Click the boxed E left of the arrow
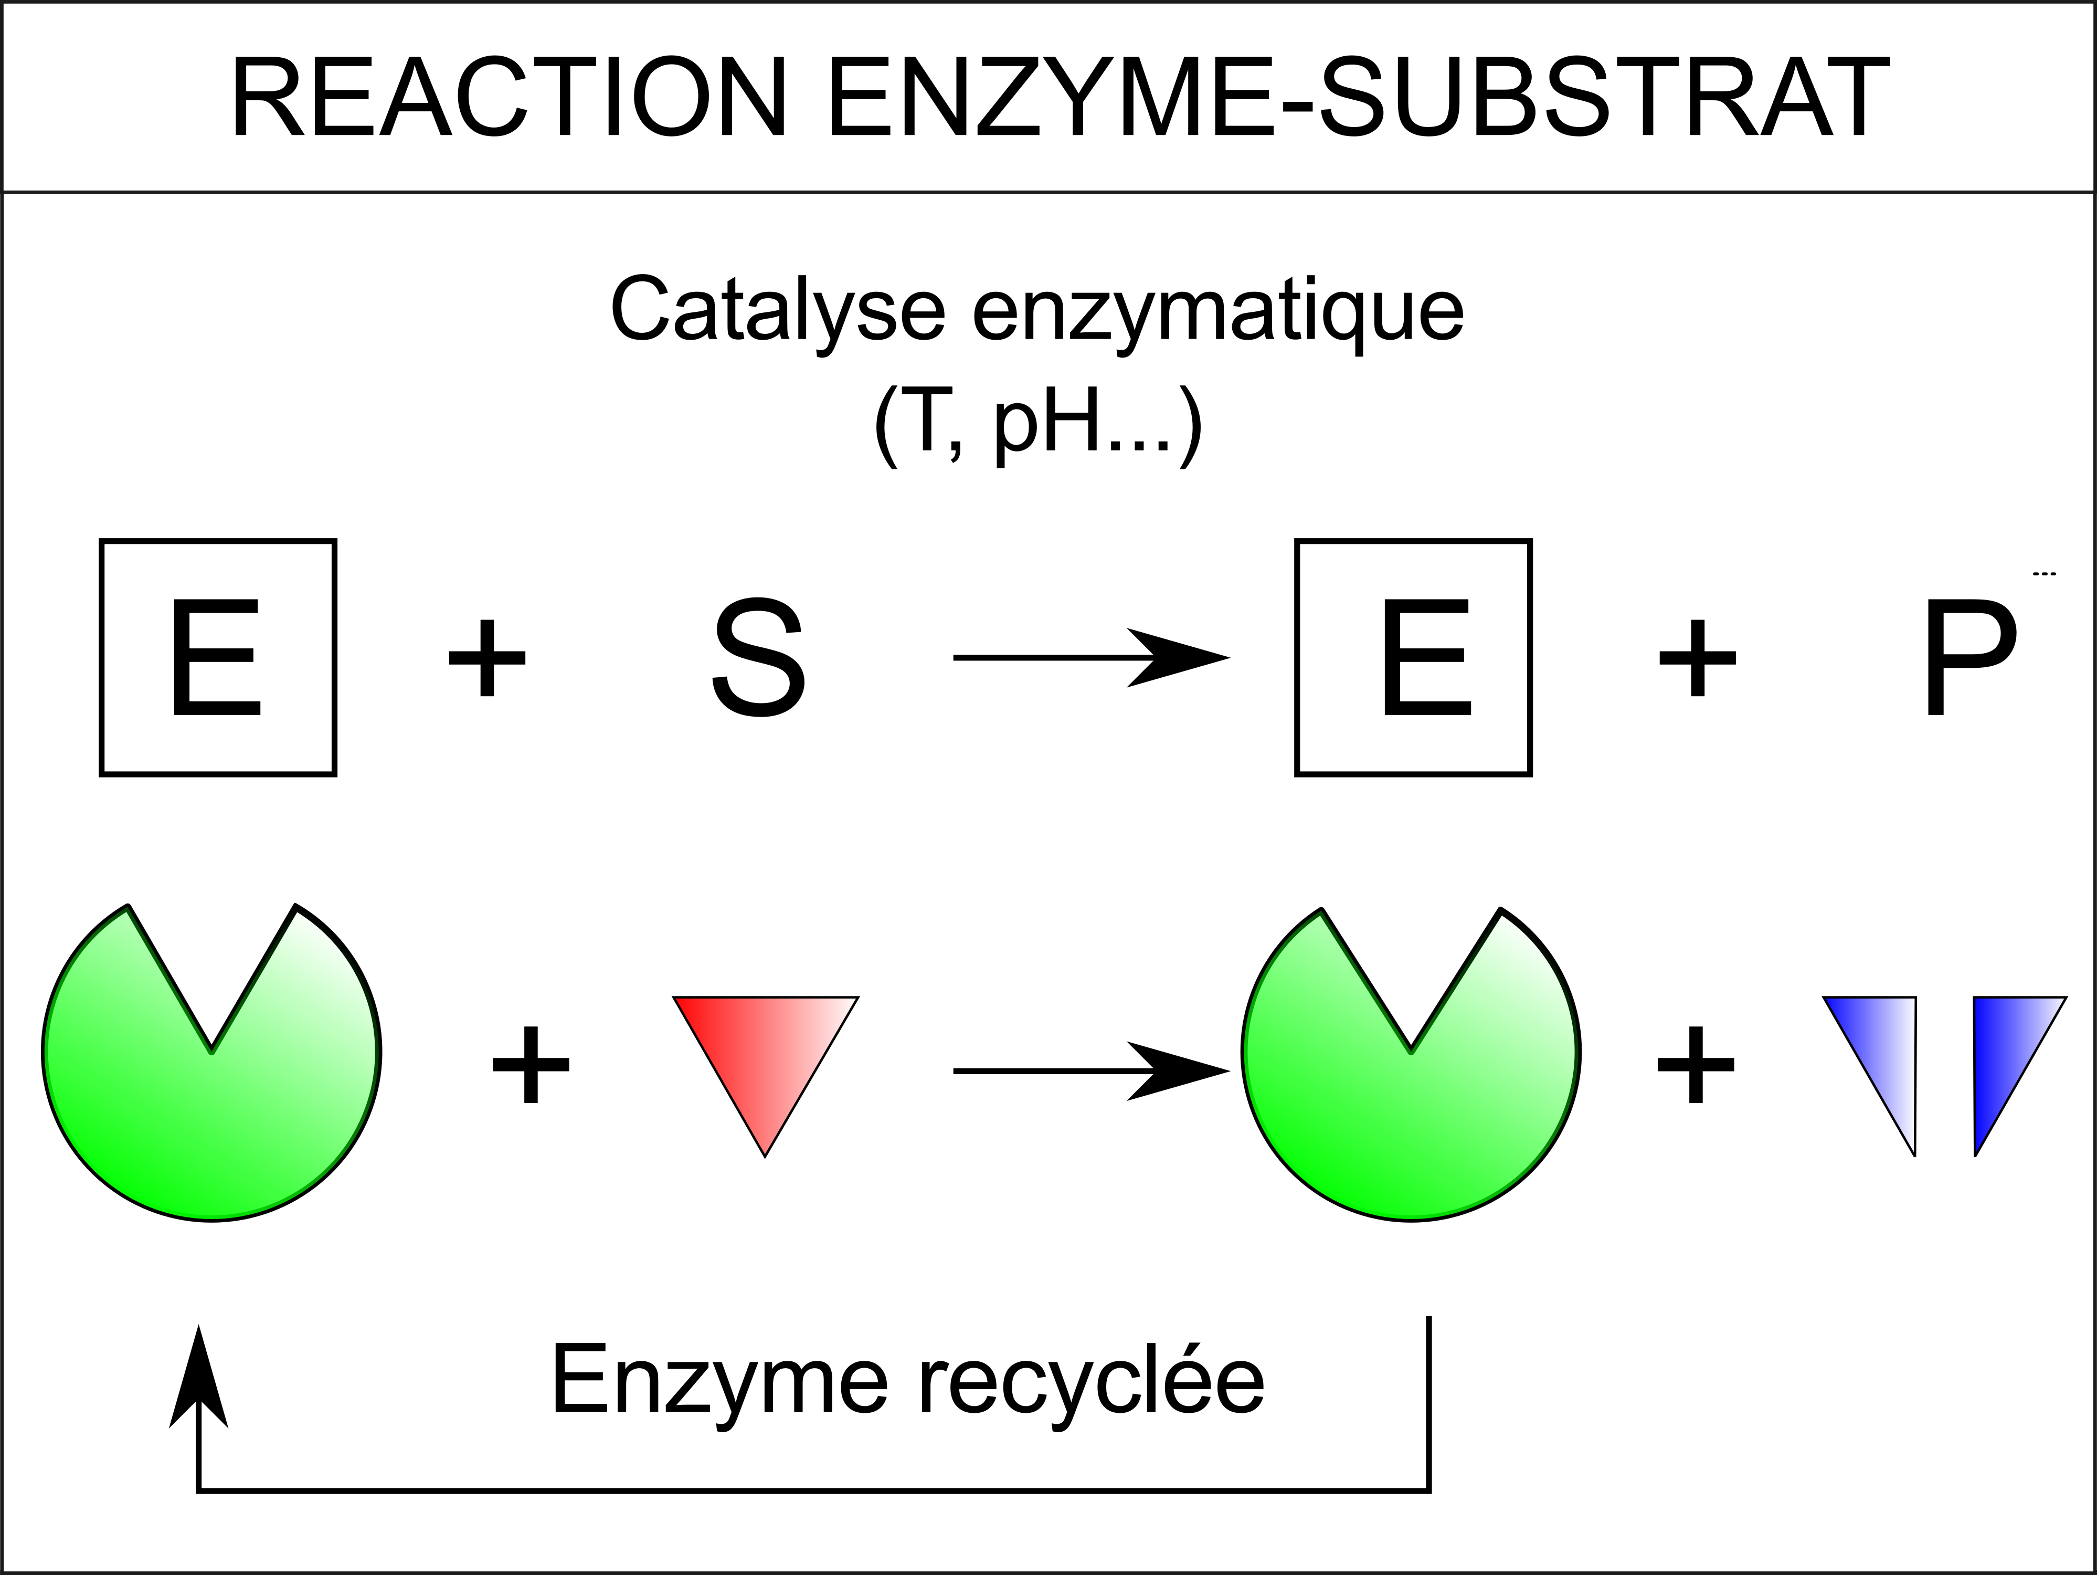pyautogui.click(x=218, y=658)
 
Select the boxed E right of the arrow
pyautogui.click(x=1414, y=658)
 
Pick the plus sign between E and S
pyautogui.click(x=488, y=658)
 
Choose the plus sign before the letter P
pyautogui.click(x=1697, y=658)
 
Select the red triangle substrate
pyautogui.click(x=765, y=1053)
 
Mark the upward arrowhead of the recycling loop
pyautogui.click(x=198, y=1377)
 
